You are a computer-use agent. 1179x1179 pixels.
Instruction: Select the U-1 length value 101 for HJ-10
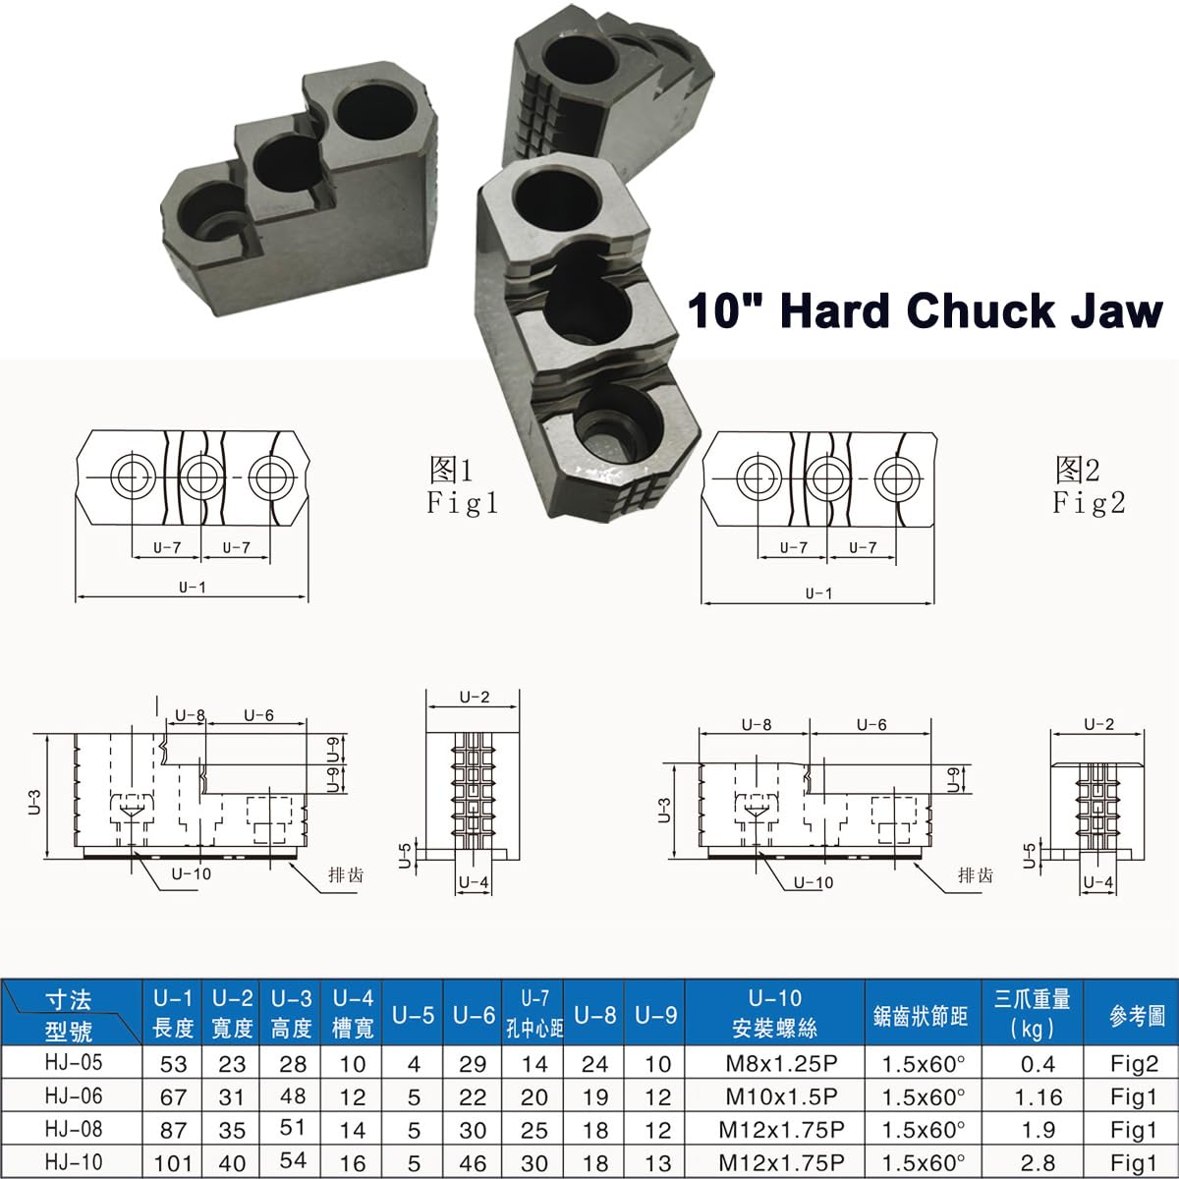[173, 1162]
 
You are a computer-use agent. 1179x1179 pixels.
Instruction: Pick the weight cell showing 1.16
[1032, 1096]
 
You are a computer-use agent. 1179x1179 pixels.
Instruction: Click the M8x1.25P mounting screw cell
[776, 1063]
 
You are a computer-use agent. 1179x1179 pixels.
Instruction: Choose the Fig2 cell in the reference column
[1136, 1063]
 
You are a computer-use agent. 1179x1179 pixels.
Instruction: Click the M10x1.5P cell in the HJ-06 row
[776, 1096]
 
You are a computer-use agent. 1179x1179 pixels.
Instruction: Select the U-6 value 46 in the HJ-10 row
[473, 1162]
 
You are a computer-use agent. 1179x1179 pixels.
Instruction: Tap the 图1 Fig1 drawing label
[463, 485]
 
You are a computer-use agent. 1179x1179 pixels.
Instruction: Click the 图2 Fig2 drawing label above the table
[1089, 485]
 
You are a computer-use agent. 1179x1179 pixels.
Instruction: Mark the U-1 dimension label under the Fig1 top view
[192, 587]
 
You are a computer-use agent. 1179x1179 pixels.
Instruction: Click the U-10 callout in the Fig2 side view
[812, 882]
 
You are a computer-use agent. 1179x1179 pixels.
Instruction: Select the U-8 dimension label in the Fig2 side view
[756, 725]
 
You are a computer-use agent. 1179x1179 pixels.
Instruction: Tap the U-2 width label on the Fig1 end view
[474, 697]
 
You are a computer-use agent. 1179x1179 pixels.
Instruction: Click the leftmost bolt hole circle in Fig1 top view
[132, 477]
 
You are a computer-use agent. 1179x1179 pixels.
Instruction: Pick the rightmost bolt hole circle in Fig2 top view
[893, 477]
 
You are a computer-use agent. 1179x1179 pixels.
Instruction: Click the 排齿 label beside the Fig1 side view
[345, 874]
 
